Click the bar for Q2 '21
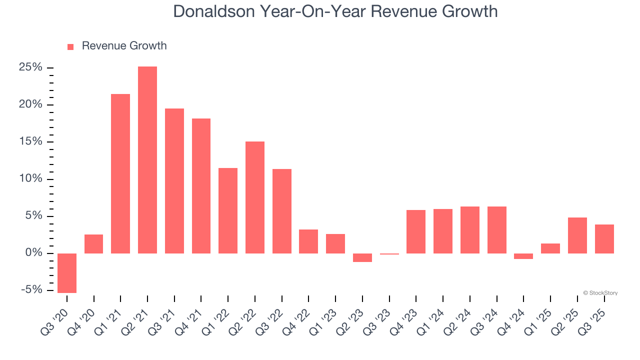[x=147, y=160]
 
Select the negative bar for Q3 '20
[x=67, y=273]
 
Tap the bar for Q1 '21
[x=120, y=173]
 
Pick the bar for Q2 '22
[x=255, y=197]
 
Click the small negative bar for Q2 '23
[x=362, y=257]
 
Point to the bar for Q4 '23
[x=416, y=231]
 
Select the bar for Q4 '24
[x=523, y=256]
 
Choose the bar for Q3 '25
[x=604, y=239]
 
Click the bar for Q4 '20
[x=94, y=244]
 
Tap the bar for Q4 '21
[x=201, y=186]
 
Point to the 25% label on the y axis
[x=30, y=67]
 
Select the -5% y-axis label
[x=31, y=290]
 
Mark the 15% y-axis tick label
[x=30, y=141]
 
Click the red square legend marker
[x=70, y=46]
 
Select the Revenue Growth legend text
[x=124, y=46]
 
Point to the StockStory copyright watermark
[x=600, y=293]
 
